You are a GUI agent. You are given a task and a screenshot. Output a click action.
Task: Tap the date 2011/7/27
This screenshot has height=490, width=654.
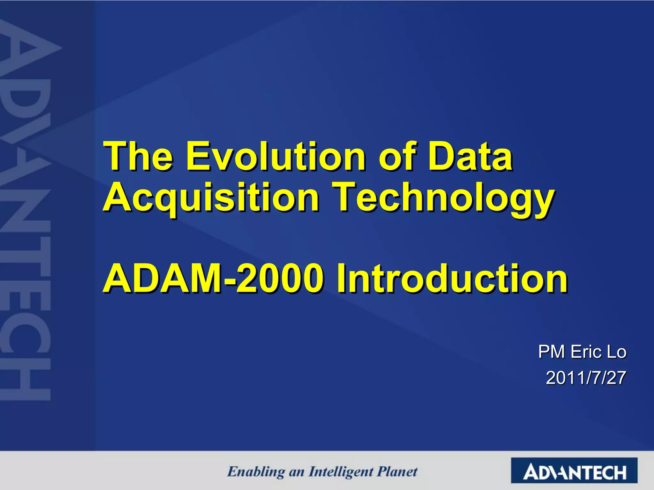click(x=586, y=378)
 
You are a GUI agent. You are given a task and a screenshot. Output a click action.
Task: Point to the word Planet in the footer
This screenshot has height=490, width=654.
click(x=397, y=471)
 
